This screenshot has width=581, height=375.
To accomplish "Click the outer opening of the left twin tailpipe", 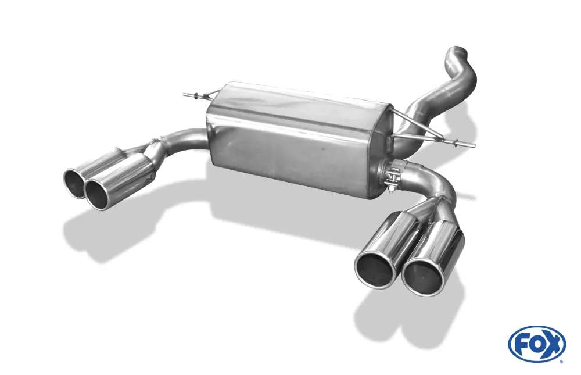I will point(75,183).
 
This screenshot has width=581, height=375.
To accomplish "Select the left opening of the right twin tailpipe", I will point(375,269).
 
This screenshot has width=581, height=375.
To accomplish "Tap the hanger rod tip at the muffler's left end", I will point(185,94).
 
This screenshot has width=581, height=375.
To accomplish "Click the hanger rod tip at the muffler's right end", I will point(472,145).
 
